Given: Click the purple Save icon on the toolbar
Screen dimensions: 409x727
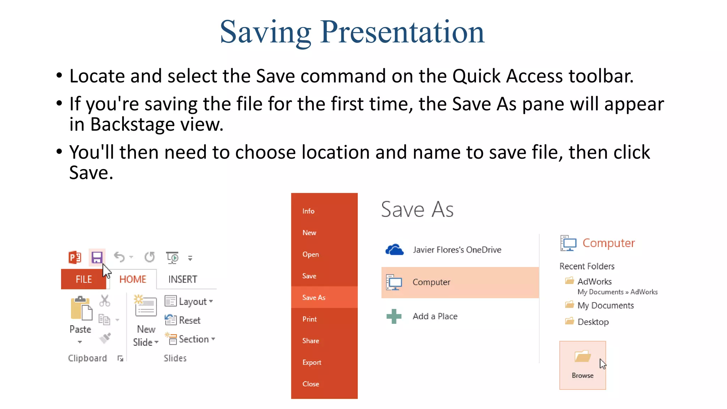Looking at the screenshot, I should click(97, 257).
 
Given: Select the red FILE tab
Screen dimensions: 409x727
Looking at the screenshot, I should click(84, 279).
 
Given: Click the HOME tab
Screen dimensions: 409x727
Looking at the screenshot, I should click(133, 279).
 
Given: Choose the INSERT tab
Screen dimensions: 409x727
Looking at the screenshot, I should click(182, 279).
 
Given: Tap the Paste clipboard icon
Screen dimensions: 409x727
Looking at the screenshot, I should click(81, 309).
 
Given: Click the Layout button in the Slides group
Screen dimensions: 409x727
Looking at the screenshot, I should click(189, 301).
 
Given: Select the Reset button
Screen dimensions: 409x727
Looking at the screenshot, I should click(183, 320).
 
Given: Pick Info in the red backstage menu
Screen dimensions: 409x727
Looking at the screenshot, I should click(308, 211).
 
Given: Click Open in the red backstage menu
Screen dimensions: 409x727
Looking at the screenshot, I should click(311, 255).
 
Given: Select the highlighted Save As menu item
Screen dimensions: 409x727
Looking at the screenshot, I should click(314, 298).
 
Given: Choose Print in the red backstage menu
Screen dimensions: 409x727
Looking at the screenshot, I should click(310, 319).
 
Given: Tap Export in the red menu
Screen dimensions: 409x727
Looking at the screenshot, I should click(312, 362).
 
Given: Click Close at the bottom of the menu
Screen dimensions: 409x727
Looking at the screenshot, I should click(311, 384).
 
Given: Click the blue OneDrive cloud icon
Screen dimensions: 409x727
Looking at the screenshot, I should click(394, 250).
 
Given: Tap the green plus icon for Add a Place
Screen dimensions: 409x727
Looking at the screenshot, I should click(394, 316).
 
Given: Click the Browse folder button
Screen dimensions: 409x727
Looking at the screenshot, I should click(583, 365).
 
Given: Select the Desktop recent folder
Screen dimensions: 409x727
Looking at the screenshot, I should click(593, 322).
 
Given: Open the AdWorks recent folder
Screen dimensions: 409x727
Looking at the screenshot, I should click(594, 282).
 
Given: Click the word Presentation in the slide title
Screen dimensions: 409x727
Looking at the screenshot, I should click(402, 32).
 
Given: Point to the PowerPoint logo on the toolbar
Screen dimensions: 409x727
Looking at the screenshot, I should click(75, 257).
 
